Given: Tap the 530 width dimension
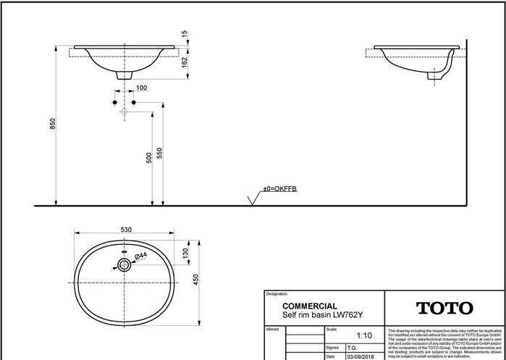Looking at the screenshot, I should (x=126, y=230).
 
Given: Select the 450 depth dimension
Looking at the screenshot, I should (x=195, y=280).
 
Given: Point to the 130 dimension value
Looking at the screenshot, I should (x=185, y=254).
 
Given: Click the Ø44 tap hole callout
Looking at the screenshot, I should (x=141, y=256).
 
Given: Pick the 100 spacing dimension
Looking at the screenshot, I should (x=141, y=88).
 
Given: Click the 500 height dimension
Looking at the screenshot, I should (x=149, y=157).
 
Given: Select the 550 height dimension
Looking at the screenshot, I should (x=159, y=154).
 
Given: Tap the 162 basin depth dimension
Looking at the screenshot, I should (x=185, y=64).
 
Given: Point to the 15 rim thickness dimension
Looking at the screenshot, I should (x=185, y=34).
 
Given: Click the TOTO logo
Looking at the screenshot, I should (x=444, y=309).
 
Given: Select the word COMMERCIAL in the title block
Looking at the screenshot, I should (x=309, y=306).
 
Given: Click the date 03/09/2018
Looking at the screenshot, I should (x=361, y=356).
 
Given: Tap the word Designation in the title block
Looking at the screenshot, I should (x=277, y=294).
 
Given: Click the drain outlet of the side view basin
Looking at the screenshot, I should (x=437, y=75).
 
